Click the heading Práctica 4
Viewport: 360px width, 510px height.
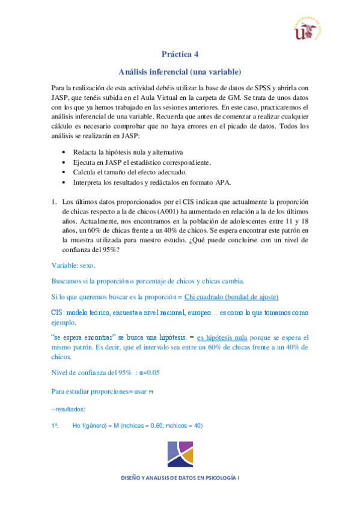(x=180, y=54)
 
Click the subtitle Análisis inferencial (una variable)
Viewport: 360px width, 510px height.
(x=180, y=70)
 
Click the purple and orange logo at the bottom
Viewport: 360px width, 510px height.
(x=180, y=455)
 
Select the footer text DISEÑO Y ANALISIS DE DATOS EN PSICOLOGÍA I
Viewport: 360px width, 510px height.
(x=180, y=478)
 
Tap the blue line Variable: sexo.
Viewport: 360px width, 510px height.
(x=73, y=266)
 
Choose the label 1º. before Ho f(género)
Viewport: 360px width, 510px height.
(x=53, y=426)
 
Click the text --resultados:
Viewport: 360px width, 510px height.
(x=68, y=409)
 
